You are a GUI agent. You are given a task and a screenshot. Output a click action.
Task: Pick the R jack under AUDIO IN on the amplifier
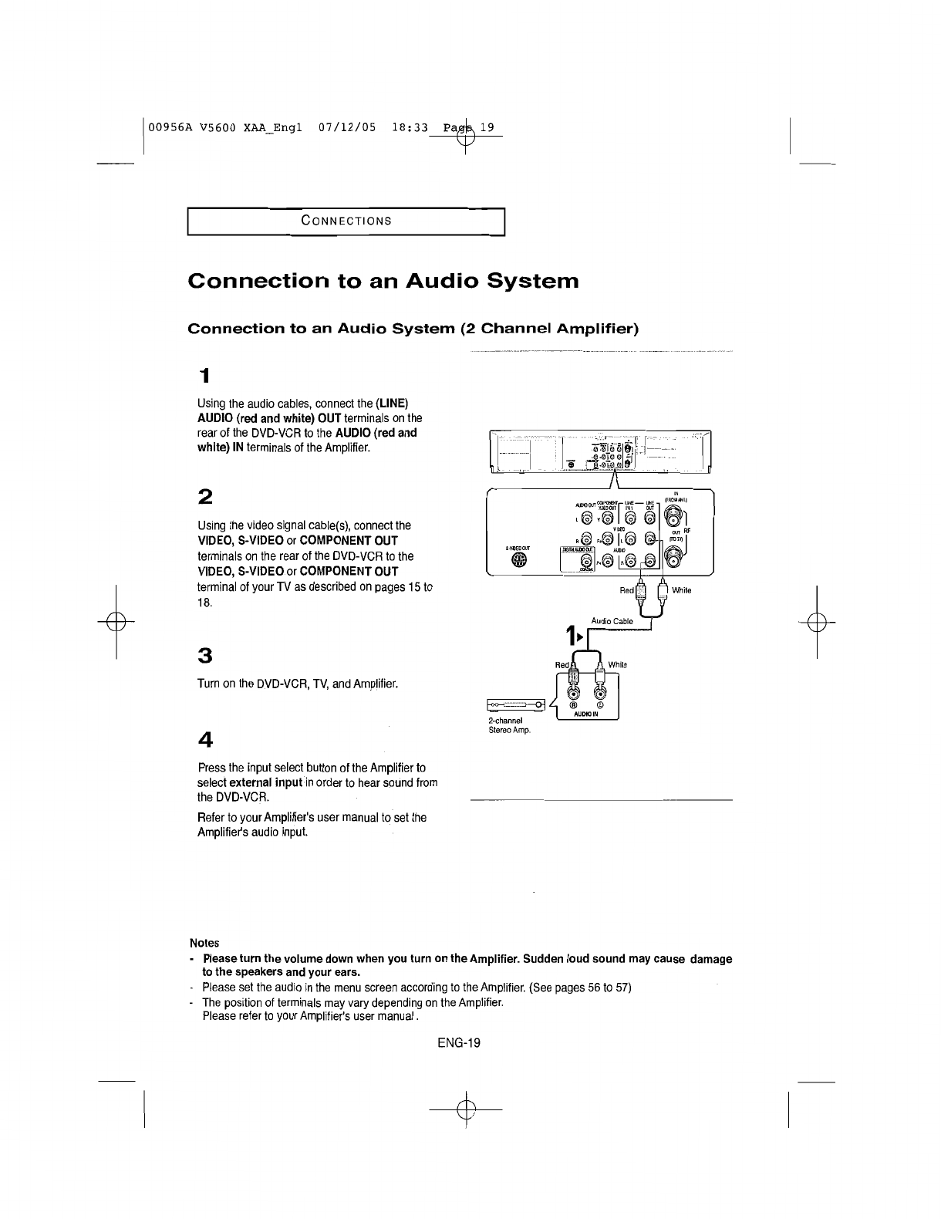coord(573,691)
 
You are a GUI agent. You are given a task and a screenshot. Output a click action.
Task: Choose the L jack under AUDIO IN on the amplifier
coord(599,691)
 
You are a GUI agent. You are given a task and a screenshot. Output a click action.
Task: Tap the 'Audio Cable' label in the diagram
coord(612,621)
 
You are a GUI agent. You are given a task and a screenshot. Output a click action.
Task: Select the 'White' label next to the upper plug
coord(682,591)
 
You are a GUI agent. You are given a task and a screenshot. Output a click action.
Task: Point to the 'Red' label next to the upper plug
coord(627,591)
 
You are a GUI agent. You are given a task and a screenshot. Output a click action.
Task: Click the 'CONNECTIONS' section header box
coord(346,221)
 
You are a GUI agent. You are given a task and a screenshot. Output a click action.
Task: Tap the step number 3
coord(204,655)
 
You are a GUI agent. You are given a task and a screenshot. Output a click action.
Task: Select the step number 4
coord(204,739)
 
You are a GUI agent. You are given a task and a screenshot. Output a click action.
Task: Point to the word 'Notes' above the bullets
coord(204,943)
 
